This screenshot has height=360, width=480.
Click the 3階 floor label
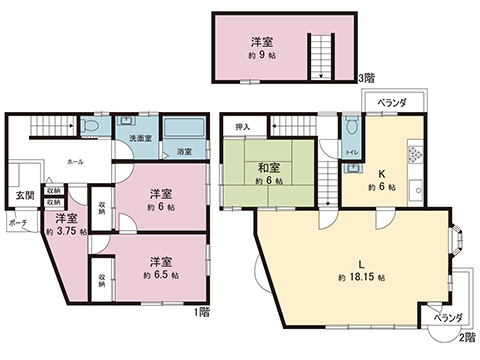[367, 78]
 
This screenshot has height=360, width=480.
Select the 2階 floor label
[467, 338]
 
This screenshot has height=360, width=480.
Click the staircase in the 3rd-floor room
[320, 54]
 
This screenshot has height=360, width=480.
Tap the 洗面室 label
[140, 137]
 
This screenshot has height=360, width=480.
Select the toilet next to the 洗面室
[91, 127]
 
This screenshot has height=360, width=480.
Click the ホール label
[75, 160]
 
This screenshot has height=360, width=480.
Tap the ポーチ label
[17, 223]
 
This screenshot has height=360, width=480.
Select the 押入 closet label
[243, 128]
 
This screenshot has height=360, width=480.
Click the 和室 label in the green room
[268, 167]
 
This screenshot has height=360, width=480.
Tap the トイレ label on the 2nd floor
[351, 153]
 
